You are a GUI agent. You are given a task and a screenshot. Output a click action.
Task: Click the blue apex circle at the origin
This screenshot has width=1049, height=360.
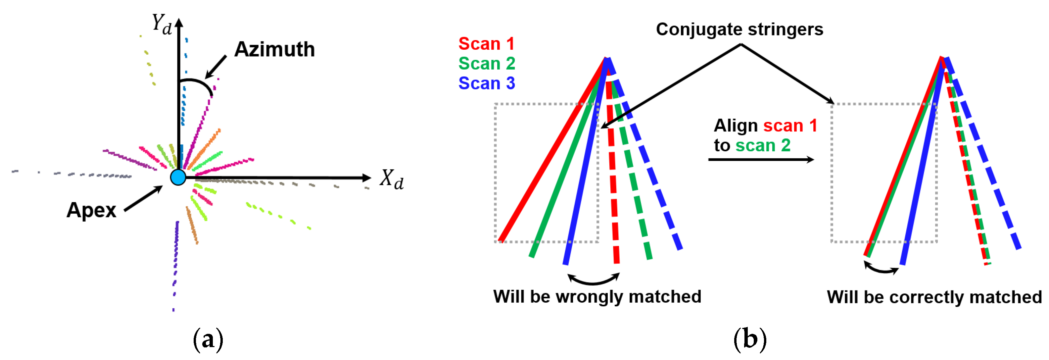pos(178,178)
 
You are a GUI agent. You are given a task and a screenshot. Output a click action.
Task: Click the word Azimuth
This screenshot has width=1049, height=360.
pos(274,50)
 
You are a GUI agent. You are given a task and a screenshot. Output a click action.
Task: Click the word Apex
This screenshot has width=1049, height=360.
pos(91,210)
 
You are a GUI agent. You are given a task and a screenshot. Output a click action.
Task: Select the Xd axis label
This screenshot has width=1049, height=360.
pos(391,179)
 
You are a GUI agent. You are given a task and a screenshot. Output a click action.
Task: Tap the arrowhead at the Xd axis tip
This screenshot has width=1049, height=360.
pos(366,178)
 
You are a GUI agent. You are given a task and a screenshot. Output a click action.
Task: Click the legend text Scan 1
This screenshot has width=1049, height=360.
pos(486,44)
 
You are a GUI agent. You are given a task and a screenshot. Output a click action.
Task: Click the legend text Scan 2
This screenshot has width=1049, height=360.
pos(486,64)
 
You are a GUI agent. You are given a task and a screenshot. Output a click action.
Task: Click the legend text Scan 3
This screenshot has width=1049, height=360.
pos(486,83)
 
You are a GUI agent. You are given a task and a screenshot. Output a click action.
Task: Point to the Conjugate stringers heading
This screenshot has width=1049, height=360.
pos(739,29)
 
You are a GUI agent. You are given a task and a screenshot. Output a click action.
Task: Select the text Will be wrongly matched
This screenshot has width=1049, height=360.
pos(597,296)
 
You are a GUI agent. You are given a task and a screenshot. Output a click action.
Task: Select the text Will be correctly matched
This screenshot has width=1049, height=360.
pos(934,297)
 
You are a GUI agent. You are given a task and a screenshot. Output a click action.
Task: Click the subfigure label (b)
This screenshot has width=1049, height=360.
pos(750,340)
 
